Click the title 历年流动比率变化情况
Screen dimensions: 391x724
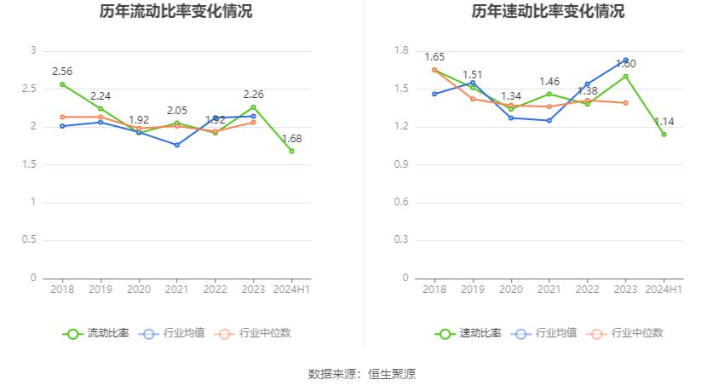(x=175, y=11)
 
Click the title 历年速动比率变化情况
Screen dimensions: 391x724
(x=548, y=11)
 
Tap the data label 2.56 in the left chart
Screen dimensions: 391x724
(x=62, y=72)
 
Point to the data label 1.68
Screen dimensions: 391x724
(x=292, y=138)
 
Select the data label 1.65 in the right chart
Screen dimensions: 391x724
(x=434, y=57)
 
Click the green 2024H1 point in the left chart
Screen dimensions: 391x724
(x=292, y=151)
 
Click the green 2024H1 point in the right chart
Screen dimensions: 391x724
(x=664, y=134)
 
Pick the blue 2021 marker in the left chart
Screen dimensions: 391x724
(x=177, y=145)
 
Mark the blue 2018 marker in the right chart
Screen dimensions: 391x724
(x=434, y=94)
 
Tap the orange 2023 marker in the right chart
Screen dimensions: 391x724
(x=626, y=103)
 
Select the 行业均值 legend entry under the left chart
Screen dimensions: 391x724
(x=171, y=333)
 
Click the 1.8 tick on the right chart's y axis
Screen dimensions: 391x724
(x=402, y=51)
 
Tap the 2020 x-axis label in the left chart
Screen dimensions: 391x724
(x=139, y=290)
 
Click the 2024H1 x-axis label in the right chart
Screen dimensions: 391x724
(x=664, y=290)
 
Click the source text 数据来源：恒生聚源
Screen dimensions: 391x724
(x=362, y=374)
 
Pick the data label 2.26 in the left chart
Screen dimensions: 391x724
(x=254, y=95)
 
